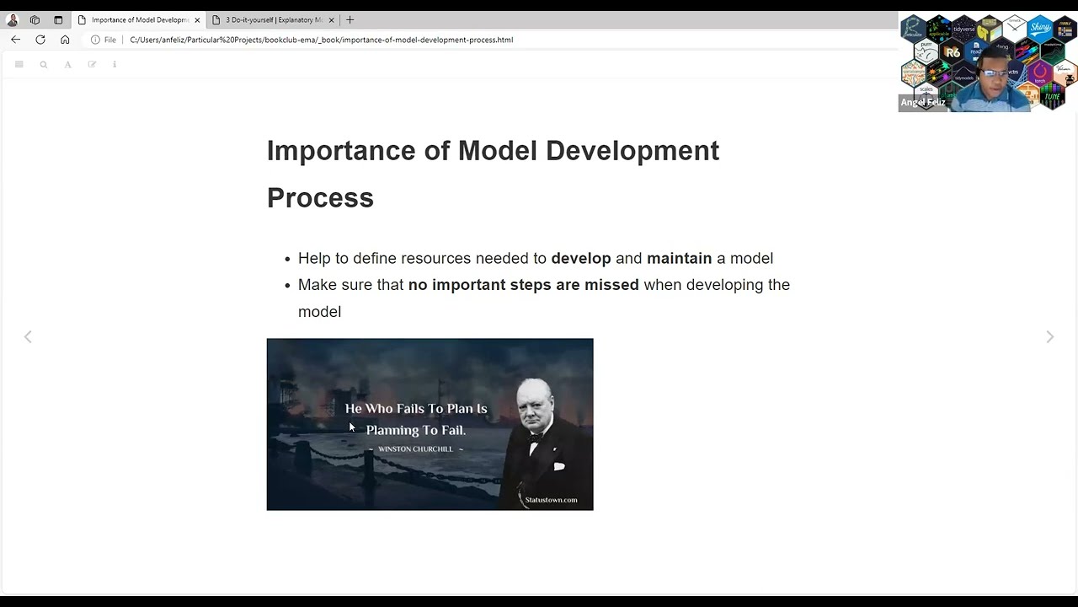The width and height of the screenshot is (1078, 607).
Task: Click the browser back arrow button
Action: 15,40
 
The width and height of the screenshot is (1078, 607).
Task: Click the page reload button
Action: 40,40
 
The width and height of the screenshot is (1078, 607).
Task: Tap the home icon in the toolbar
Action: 65,40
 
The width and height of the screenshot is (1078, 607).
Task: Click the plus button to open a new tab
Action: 350,19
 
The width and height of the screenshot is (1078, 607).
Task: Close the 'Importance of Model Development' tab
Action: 197,20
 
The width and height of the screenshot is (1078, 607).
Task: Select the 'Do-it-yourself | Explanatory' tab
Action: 274,19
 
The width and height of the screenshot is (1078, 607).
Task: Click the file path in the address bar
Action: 321,40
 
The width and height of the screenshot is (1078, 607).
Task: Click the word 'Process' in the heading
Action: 320,198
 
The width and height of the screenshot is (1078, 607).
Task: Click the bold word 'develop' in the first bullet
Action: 580,258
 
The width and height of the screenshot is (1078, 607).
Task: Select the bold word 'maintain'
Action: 679,258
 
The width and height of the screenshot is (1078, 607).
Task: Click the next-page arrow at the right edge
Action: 1049,337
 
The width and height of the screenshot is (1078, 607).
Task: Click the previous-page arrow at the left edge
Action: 28,337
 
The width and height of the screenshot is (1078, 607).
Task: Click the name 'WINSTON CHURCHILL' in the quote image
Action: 415,449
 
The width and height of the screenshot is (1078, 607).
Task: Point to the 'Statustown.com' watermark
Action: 551,500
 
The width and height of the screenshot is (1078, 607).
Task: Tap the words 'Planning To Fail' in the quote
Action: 415,430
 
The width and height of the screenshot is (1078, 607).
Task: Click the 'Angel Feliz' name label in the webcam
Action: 923,102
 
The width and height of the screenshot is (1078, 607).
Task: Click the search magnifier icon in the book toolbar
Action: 44,64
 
